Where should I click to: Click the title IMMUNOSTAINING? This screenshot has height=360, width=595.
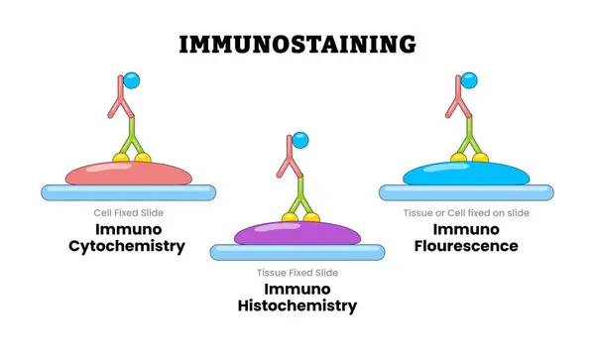point(297,44)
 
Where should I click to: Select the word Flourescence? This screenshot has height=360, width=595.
point(466,247)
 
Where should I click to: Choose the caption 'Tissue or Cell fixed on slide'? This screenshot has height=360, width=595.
point(466,212)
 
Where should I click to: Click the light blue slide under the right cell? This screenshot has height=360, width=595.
point(466,192)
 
